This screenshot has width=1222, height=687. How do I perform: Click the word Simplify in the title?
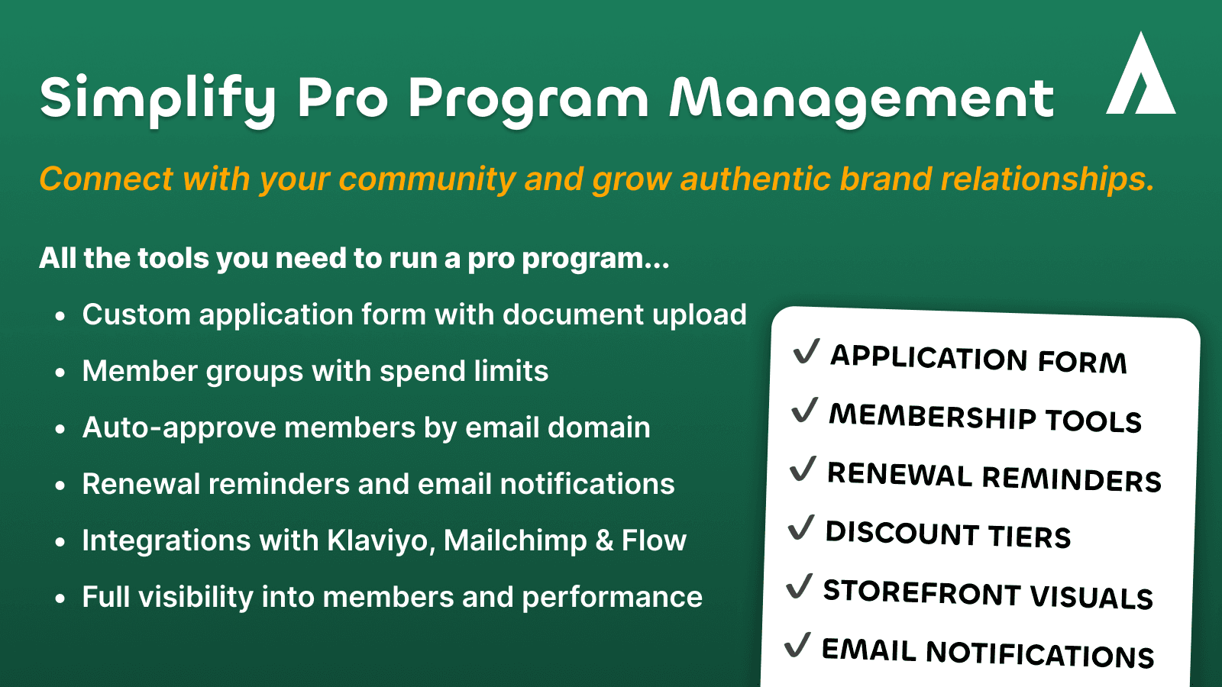[157, 99]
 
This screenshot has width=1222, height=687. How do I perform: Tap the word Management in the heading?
[861, 99]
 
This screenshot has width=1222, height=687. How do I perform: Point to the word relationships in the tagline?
[1046, 179]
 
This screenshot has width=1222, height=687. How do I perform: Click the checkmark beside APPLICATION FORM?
[807, 352]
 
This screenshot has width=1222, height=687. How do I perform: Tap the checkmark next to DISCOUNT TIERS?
[801, 527]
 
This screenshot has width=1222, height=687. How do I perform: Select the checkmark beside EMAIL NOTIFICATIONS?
[797, 645]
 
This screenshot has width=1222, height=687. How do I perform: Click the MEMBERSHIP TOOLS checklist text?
[985, 418]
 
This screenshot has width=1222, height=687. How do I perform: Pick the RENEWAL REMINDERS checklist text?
[994, 476]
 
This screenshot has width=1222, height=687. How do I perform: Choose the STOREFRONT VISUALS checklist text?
[988, 594]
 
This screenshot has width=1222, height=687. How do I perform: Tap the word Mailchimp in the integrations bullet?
[516, 541]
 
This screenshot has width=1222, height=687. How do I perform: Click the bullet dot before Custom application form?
[60, 316]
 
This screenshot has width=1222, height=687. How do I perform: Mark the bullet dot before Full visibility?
[60, 598]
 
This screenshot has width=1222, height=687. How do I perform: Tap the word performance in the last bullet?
[612, 598]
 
